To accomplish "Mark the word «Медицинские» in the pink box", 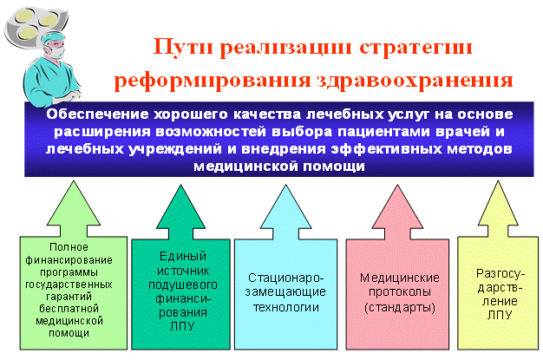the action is pyautogui.click(x=399, y=278).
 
